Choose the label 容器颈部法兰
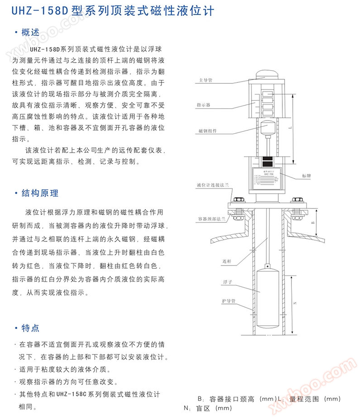211,218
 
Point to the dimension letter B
312,223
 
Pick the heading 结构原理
39,193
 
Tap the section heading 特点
30,328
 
